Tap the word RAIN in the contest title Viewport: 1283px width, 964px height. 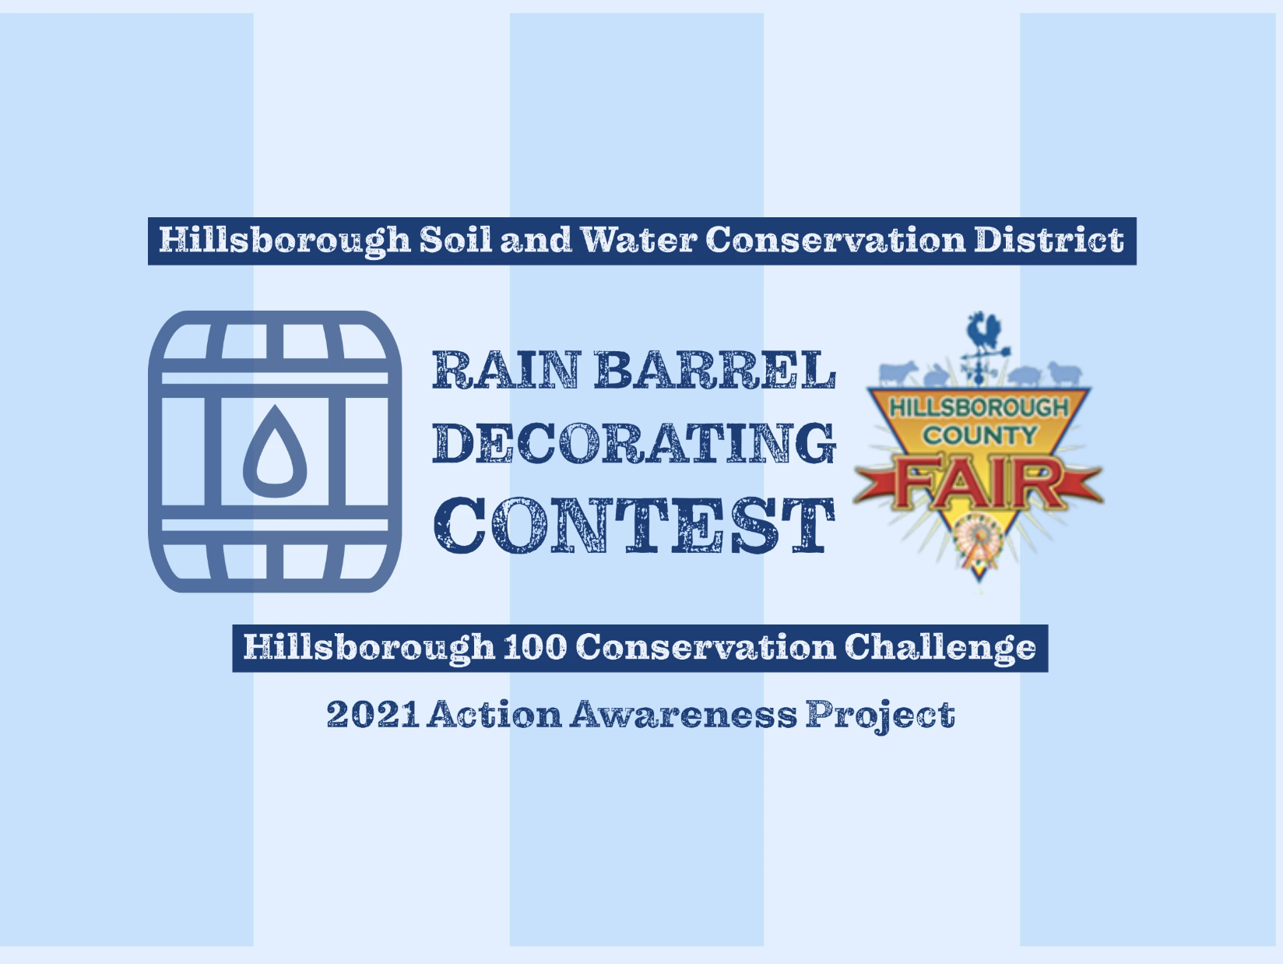[507, 370]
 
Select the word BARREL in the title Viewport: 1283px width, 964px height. [715, 370]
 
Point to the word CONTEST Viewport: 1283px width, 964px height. [634, 525]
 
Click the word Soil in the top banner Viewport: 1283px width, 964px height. [456, 240]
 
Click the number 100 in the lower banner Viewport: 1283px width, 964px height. [535, 647]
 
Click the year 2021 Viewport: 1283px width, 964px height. [373, 714]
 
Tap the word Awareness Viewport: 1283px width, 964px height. [684, 714]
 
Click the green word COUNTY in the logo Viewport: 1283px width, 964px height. [979, 435]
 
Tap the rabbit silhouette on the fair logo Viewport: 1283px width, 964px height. [937, 375]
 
